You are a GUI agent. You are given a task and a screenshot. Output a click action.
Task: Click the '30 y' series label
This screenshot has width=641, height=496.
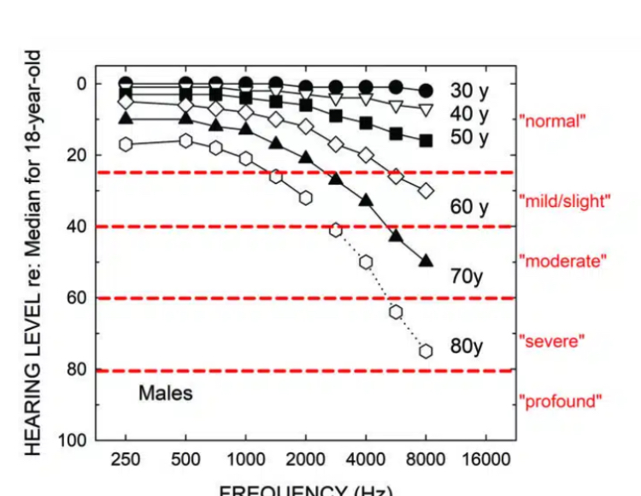pyautogui.click(x=469, y=90)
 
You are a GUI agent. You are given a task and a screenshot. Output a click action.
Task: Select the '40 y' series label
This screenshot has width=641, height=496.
pyautogui.click(x=469, y=114)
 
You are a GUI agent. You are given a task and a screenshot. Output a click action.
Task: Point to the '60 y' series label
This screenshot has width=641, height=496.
pyautogui.click(x=469, y=206)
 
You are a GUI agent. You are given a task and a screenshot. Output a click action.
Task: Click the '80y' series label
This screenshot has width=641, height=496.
pyautogui.click(x=467, y=346)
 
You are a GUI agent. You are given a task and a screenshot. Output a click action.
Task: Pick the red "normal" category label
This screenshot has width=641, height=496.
pyautogui.click(x=552, y=121)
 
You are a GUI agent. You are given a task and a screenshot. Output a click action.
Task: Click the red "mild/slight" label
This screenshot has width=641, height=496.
pyautogui.click(x=565, y=201)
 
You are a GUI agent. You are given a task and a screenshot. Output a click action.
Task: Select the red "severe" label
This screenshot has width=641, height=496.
pyautogui.click(x=552, y=341)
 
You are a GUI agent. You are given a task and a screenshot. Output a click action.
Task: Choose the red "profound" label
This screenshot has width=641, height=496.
pyautogui.click(x=561, y=401)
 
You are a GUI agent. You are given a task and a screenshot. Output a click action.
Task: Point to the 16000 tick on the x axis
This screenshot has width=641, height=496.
pyautogui.click(x=484, y=459)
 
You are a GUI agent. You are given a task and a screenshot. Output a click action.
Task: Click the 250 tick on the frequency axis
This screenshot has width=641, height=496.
pyautogui.click(x=126, y=459)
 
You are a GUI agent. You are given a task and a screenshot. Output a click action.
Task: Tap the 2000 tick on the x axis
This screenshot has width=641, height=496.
pyautogui.click(x=305, y=459)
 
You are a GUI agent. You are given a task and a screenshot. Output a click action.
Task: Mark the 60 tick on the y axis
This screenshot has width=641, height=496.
pyautogui.click(x=79, y=298)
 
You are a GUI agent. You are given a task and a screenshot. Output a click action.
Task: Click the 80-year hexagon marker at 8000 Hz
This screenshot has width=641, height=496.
pyautogui.click(x=426, y=351)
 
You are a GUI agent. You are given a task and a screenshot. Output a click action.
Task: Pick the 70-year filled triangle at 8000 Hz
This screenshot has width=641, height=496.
pyautogui.click(x=426, y=261)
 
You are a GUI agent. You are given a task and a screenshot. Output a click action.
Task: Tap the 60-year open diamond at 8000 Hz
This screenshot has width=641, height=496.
pyautogui.click(x=426, y=190)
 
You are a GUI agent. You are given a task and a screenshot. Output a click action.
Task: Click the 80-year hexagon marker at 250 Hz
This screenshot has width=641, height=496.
pyautogui.click(x=126, y=144)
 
